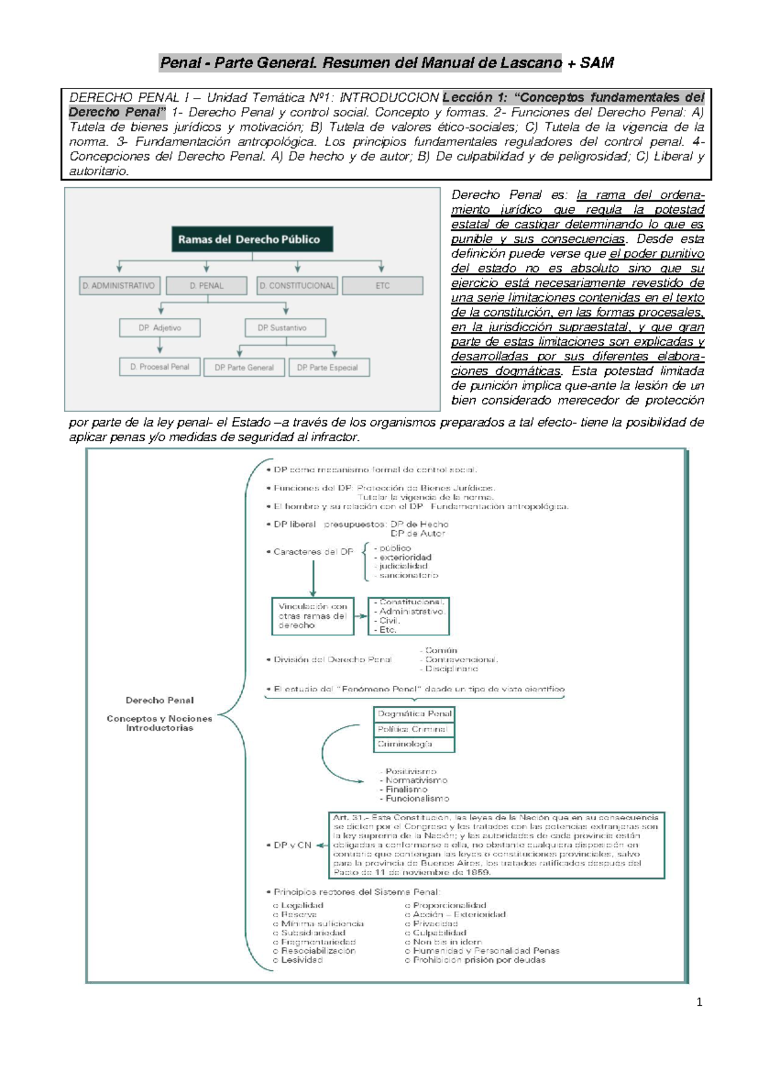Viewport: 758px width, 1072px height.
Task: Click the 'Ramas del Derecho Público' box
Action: pyautogui.click(x=252, y=240)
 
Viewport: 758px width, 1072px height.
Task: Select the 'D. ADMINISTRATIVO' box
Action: pyautogui.click(x=119, y=286)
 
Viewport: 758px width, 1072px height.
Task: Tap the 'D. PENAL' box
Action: pyautogui.click(x=207, y=286)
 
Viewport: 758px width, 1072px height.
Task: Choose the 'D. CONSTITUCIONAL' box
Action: pyautogui.click(x=297, y=286)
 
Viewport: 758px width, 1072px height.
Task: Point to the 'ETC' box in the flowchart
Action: pyautogui.click(x=383, y=286)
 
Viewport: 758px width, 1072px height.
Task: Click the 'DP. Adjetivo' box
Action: pyautogui.click(x=160, y=328)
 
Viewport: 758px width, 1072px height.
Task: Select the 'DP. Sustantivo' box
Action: pyautogui.click(x=286, y=328)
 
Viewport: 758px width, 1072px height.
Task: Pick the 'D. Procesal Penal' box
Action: pyautogui.click(x=160, y=367)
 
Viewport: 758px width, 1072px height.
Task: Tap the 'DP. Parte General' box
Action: pyautogui.click(x=244, y=367)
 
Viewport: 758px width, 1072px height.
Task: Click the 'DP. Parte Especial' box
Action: pyautogui.click(x=329, y=367)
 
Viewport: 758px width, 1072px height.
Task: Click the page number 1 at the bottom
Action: pyautogui.click(x=699, y=1002)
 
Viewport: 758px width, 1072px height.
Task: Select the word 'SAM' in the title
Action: pyautogui.click(x=597, y=63)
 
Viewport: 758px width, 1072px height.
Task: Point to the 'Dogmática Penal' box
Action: pyautogui.click(x=414, y=714)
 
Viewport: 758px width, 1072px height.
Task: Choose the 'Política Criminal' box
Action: pyautogui.click(x=414, y=729)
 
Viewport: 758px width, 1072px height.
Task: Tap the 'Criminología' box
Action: pyautogui.click(x=414, y=745)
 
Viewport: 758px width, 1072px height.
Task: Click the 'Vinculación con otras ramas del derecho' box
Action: pyautogui.click(x=313, y=616)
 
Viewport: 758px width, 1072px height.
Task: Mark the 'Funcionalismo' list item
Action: pyautogui.click(x=417, y=798)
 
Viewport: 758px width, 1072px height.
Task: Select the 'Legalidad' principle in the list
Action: pyautogui.click(x=302, y=905)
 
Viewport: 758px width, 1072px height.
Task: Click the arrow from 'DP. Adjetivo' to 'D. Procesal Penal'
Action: pyautogui.click(x=160, y=346)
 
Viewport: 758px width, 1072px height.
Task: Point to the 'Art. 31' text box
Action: pyautogui.click(x=496, y=845)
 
